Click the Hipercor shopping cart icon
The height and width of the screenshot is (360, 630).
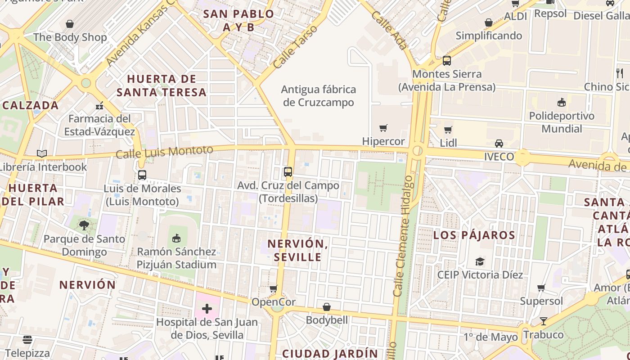pyautogui.click(x=383, y=128)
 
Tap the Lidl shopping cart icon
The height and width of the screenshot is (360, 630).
pyautogui.click(x=448, y=130)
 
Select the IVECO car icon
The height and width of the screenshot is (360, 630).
pyautogui.click(x=499, y=144)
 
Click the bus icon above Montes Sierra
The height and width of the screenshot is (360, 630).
pyautogui.click(x=447, y=61)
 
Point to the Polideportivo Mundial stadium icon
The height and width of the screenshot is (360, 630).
pyautogui.click(x=561, y=103)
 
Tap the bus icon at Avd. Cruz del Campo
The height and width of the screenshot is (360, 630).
pyautogui.click(x=288, y=172)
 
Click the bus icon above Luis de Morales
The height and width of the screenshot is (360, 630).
pyautogui.click(x=142, y=175)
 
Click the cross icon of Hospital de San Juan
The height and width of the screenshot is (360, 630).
pyautogui.click(x=207, y=309)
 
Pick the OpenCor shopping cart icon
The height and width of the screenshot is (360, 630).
pyautogui.click(x=273, y=288)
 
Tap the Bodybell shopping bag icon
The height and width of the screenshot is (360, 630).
pyautogui.click(x=327, y=307)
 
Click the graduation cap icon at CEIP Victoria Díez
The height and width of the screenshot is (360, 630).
pyautogui.click(x=480, y=261)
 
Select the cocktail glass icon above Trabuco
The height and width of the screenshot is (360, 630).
pyautogui.click(x=544, y=321)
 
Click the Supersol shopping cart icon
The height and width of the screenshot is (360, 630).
pyautogui.click(x=541, y=288)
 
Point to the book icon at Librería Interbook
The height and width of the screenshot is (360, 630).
pyautogui.click(x=42, y=154)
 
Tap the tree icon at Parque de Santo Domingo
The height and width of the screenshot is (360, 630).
pyautogui.click(x=84, y=225)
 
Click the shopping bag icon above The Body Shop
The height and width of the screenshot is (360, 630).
pyautogui.click(x=70, y=24)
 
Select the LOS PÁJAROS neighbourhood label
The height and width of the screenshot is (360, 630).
pyautogui.click(x=474, y=235)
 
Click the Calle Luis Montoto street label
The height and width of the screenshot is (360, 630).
pyautogui.click(x=164, y=152)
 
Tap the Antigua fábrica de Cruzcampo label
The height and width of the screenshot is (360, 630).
pyautogui.click(x=319, y=96)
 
